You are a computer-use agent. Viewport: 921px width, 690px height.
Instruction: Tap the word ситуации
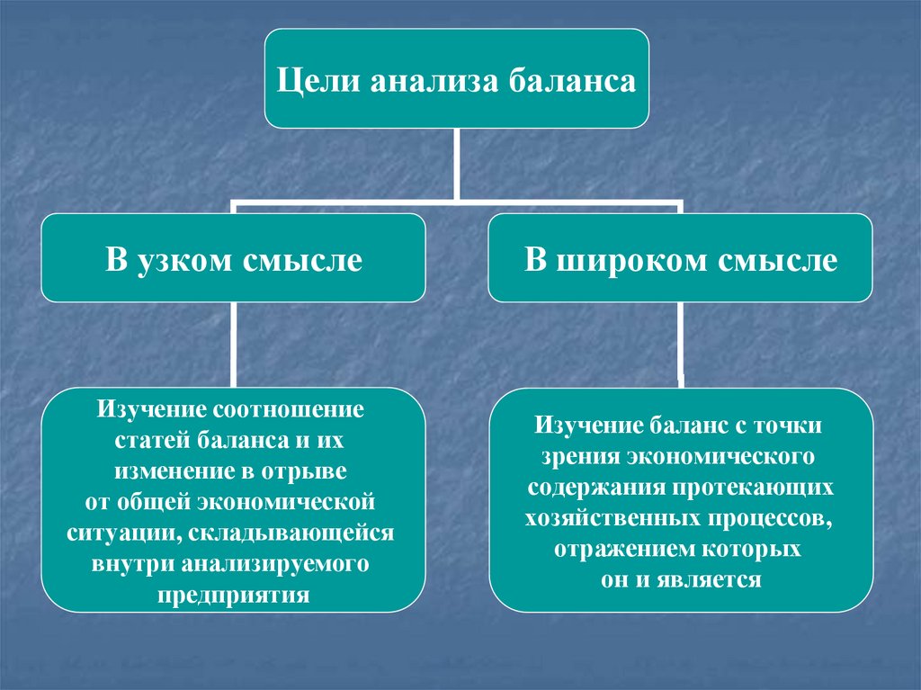113,532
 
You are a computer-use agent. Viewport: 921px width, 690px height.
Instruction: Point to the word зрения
574,455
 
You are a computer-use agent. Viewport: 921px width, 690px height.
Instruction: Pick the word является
717,579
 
